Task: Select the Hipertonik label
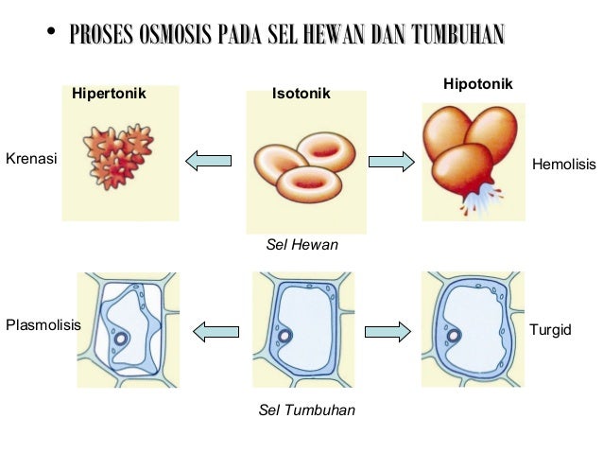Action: click(109, 95)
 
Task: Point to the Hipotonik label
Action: click(477, 85)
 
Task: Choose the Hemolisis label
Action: click(564, 165)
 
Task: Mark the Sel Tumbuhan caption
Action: click(306, 411)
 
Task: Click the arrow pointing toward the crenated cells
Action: click(208, 162)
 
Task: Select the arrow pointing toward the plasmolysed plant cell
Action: click(215, 330)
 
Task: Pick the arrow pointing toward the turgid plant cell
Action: click(388, 330)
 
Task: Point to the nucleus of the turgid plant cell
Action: click(454, 336)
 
